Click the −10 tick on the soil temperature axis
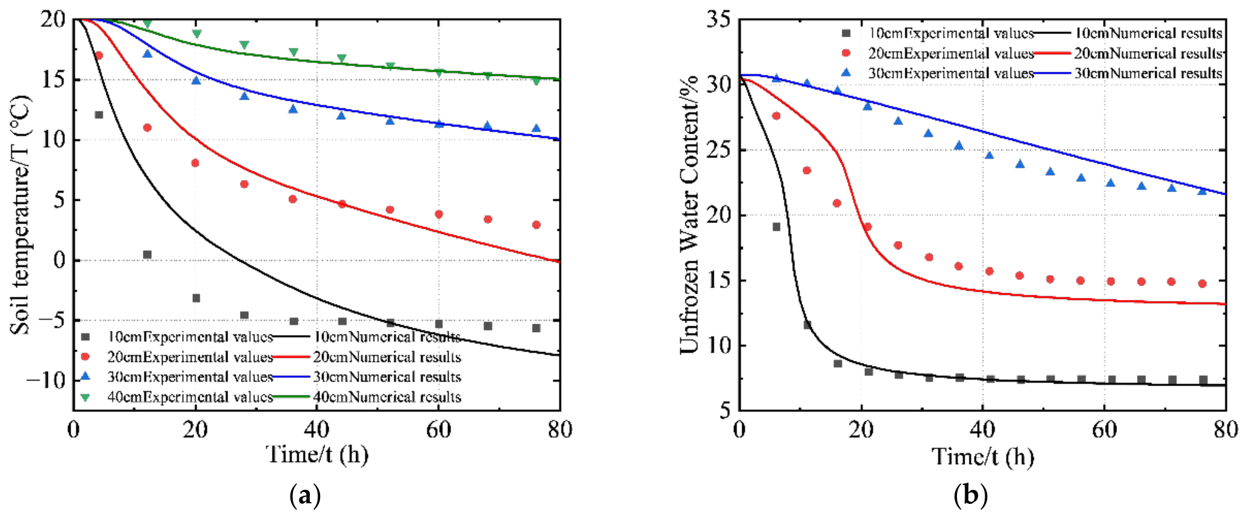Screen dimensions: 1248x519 tap(45, 380)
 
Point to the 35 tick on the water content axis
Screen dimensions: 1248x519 tap(718, 20)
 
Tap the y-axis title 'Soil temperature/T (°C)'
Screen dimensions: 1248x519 tap(20, 215)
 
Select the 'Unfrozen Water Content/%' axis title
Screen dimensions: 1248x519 tap(689, 214)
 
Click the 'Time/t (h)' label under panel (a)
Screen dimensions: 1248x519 tap(317, 454)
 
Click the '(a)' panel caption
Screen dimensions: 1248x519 tap(305, 496)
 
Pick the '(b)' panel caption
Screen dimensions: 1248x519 tap(970, 496)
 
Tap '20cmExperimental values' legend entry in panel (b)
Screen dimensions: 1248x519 tap(939, 53)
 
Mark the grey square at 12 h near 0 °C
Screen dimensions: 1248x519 tap(147, 254)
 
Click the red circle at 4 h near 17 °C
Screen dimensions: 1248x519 tap(99, 55)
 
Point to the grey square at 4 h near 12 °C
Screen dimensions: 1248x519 tap(99, 115)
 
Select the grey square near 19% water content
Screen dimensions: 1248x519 tap(776, 227)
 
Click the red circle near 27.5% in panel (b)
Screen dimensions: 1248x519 tap(776, 116)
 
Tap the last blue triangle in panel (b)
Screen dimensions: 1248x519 tap(1202, 190)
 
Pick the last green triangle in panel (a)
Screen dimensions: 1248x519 tap(536, 81)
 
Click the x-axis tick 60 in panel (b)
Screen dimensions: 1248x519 tap(1104, 430)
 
